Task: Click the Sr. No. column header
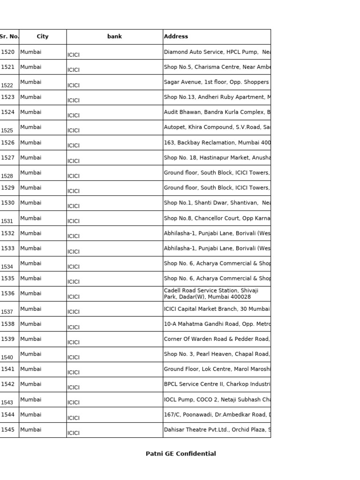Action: coord(9,37)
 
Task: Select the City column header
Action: coord(43,37)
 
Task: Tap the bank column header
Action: coord(114,37)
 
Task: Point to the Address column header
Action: coord(176,37)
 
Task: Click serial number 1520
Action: coord(8,52)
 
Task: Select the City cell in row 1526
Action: coord(31,142)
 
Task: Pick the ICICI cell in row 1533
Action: coord(74,251)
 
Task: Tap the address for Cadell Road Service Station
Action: coord(211,293)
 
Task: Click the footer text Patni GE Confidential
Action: coord(181,454)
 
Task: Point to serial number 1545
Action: coord(8,430)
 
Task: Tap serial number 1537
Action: coord(7,312)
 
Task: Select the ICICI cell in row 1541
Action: coord(74,372)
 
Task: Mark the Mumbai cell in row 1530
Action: coord(31,203)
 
